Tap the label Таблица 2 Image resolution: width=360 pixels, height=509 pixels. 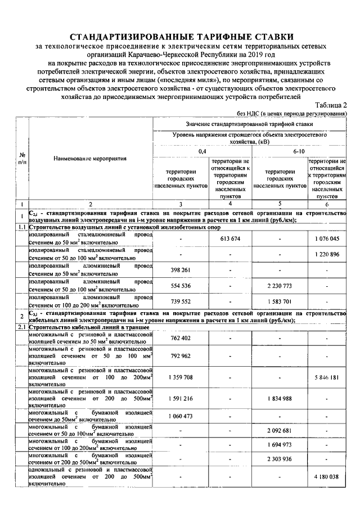point(331,105)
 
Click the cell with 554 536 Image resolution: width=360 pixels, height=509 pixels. point(180,286)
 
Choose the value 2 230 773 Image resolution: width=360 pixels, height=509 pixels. point(280,286)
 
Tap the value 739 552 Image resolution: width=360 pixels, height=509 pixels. point(180,301)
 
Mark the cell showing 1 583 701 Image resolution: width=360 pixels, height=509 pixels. point(280,301)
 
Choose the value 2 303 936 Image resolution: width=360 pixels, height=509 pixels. point(280,459)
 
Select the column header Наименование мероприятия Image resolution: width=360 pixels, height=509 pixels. point(90,159)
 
